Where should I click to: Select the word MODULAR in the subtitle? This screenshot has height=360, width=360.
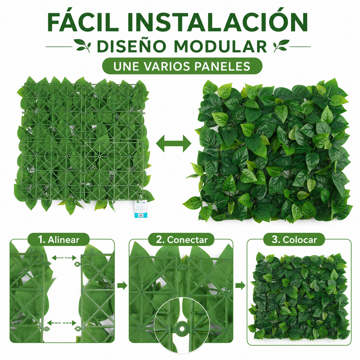[220, 46]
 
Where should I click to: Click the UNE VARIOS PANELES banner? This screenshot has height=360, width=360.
[182, 66]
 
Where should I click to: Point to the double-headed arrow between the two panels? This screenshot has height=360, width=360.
[174, 143]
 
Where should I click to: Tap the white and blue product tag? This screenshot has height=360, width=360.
[140, 208]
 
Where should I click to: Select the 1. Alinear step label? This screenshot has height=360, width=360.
[59, 240]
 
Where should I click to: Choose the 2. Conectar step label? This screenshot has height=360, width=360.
[181, 240]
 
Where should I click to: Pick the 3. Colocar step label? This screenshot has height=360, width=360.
[294, 240]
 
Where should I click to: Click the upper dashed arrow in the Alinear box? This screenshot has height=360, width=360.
[64, 258]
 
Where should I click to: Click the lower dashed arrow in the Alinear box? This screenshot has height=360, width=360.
[62, 323]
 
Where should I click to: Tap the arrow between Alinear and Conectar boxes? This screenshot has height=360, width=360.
[122, 285]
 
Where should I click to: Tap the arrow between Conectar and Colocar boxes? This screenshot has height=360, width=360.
[240, 285]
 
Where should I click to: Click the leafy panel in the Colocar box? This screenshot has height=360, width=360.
[299, 296]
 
